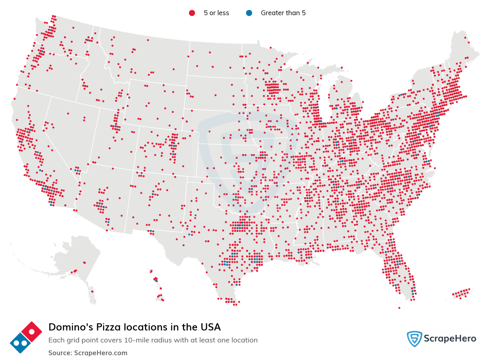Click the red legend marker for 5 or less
(x=192, y=13)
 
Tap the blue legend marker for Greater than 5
(x=249, y=13)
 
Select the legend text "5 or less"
(x=216, y=13)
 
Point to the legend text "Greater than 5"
(x=283, y=13)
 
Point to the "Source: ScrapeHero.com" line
(x=88, y=353)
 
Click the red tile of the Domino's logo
(x=31, y=332)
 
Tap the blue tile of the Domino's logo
(x=20, y=343)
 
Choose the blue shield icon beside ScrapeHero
(x=414, y=339)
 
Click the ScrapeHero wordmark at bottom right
(x=451, y=339)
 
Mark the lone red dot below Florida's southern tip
(x=399, y=308)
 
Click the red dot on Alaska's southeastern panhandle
(x=92, y=291)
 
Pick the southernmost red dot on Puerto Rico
(x=460, y=298)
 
